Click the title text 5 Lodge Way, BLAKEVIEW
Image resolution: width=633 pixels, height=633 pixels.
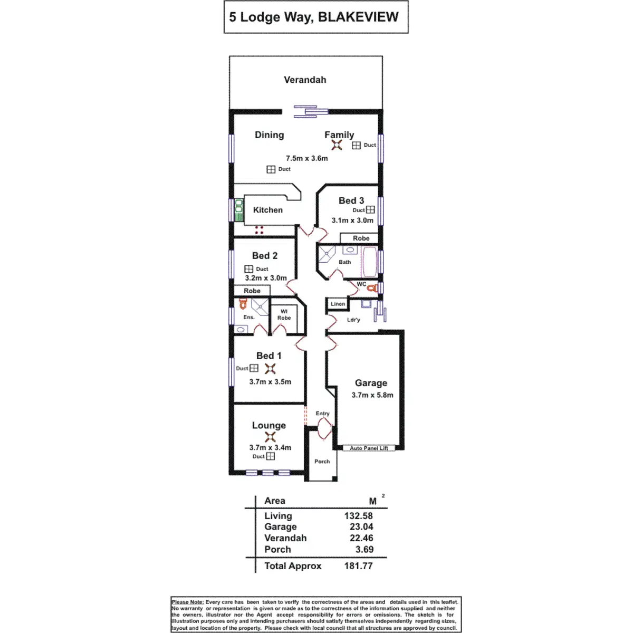point(314,17)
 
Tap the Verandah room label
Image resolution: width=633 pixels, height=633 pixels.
point(305,80)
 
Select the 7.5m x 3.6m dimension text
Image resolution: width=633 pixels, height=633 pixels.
point(306,158)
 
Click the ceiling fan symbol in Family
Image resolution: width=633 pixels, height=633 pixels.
point(337,145)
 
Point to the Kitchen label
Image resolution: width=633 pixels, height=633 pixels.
point(268,210)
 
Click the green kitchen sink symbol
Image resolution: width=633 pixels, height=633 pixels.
point(238,209)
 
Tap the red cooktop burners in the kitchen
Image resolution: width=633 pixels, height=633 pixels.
point(259,230)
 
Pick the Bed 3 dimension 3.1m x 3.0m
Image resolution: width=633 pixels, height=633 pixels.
point(352,220)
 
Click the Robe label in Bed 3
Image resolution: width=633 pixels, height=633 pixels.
point(361,238)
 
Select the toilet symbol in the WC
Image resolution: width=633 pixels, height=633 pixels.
point(372,288)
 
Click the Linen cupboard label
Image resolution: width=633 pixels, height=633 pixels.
point(338,304)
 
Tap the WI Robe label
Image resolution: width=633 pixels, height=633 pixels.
point(284,315)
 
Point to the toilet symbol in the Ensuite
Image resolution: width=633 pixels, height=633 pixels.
point(243,304)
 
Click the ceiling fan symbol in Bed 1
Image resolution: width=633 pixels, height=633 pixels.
point(270,369)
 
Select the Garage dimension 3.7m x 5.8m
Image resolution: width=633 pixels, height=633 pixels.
point(372,395)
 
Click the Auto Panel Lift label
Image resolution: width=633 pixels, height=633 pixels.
point(369,448)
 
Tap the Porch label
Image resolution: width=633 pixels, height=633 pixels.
point(322,462)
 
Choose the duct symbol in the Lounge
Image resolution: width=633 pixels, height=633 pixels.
point(271,456)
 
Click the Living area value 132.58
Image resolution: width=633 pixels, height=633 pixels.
point(358,516)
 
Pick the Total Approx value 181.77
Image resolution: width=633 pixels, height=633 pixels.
point(358,566)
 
